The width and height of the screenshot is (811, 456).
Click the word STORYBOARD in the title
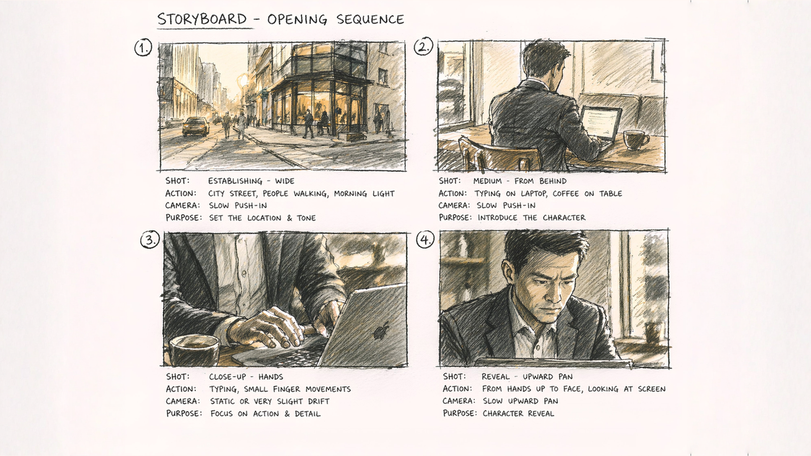(202, 19)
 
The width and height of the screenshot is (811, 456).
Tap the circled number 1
(143, 48)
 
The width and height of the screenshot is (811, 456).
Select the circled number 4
(424, 240)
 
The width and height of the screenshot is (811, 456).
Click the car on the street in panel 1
(195, 127)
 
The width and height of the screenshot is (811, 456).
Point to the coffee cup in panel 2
(635, 140)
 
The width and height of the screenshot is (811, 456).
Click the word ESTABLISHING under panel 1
(235, 181)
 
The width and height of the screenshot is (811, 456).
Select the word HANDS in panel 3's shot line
(271, 377)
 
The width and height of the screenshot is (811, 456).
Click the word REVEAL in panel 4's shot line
(495, 377)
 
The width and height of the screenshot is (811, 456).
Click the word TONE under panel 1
(306, 218)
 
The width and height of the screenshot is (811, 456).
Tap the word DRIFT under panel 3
(318, 401)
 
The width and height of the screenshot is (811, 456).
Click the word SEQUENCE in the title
(370, 20)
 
